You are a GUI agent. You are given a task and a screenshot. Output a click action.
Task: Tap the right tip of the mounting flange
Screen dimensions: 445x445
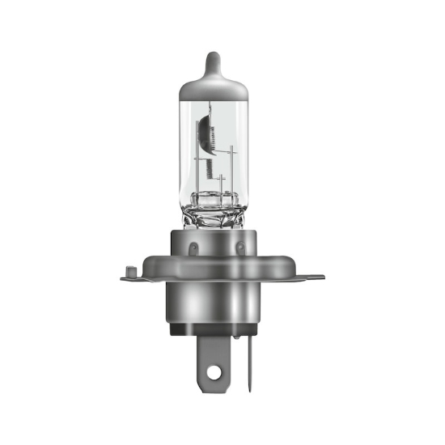321,278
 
